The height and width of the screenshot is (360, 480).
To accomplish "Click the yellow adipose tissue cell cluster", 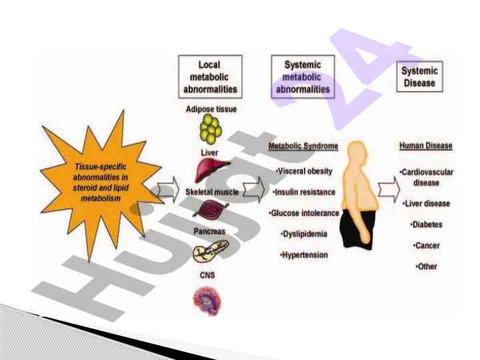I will click(209, 129).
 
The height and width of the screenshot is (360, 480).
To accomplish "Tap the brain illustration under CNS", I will click(209, 298).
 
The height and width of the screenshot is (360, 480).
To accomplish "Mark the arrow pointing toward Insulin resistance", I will click(254, 191).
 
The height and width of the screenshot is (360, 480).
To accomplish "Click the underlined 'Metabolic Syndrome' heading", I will click(303, 146).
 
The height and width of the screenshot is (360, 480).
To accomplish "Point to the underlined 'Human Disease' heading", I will click(425, 146).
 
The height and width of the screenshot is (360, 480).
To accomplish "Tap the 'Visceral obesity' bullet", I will click(304, 171).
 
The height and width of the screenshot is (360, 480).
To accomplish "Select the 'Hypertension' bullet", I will click(304, 255).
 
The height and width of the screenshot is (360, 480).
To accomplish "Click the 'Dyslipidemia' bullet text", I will click(305, 234).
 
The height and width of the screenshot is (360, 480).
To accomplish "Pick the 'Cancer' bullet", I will click(426, 246).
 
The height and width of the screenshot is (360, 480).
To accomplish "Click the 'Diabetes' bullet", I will click(426, 225).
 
